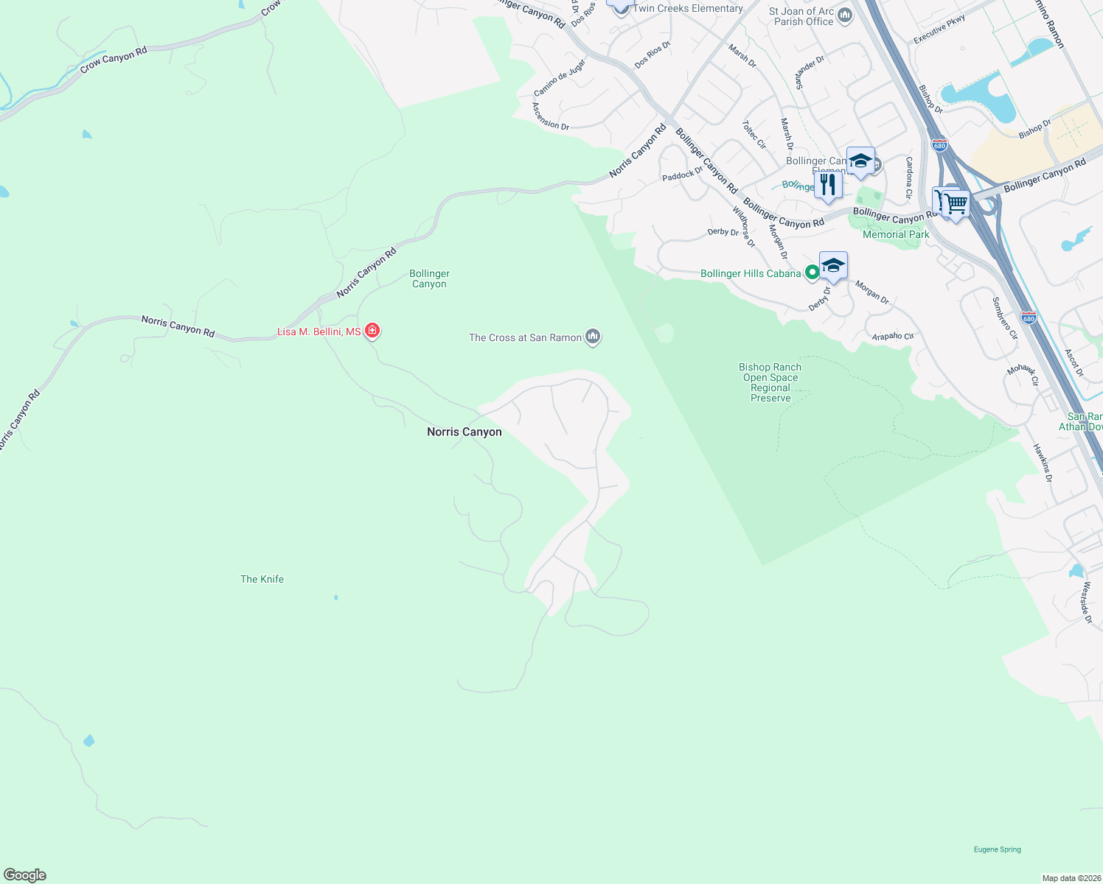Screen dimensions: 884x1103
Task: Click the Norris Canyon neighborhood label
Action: pyautogui.click(x=464, y=432)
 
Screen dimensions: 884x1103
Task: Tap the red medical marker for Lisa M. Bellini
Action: pyautogui.click(x=372, y=331)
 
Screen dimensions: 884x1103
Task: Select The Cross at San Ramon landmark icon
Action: pyautogui.click(x=593, y=337)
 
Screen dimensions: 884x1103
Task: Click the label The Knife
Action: pyautogui.click(x=262, y=579)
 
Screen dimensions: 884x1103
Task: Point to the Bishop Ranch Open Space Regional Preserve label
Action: pyautogui.click(x=770, y=382)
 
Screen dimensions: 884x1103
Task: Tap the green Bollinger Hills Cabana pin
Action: pyautogui.click(x=812, y=273)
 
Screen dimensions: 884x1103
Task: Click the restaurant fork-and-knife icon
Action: pyautogui.click(x=828, y=184)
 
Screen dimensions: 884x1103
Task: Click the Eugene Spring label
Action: pyautogui.click(x=997, y=849)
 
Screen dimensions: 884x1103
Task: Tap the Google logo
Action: pyautogui.click(x=25, y=875)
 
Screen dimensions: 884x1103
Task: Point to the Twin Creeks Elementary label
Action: pyautogui.click(x=688, y=8)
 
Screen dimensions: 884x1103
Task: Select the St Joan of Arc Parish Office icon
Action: pyautogui.click(x=845, y=15)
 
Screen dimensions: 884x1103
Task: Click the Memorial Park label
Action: pyautogui.click(x=896, y=234)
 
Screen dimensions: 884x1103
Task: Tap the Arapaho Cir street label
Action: pyautogui.click(x=892, y=337)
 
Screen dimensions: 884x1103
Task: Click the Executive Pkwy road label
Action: pyautogui.click(x=939, y=30)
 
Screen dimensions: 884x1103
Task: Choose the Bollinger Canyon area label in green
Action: pyautogui.click(x=429, y=278)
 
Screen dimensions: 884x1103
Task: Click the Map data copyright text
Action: pyautogui.click(x=1070, y=878)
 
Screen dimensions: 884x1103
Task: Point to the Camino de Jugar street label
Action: pyautogui.click(x=560, y=78)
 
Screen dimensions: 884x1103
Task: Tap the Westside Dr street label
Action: pyautogui.click(x=1087, y=603)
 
